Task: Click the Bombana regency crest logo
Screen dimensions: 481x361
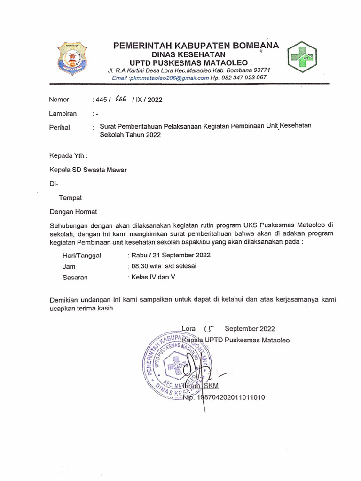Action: (73, 59)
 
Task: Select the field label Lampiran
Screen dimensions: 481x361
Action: (63, 114)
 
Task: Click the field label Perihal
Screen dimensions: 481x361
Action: (59, 127)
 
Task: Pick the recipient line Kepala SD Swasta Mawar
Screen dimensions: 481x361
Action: (88, 170)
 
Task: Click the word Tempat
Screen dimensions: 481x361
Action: (70, 198)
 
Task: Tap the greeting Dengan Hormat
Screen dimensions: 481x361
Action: (73, 212)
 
